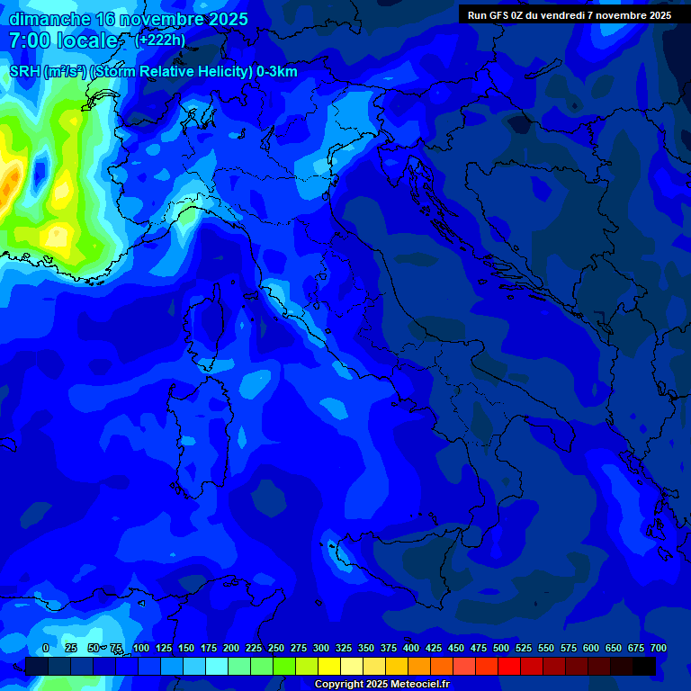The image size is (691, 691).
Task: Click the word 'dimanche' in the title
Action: coord(49,19)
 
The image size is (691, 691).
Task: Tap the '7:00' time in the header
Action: coord(30,40)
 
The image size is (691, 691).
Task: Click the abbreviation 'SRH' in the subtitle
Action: coord(24,72)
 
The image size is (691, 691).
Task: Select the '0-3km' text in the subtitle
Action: coord(277,72)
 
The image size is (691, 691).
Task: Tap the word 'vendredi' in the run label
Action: coord(564,14)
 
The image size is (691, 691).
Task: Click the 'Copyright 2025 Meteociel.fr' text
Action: coord(381,685)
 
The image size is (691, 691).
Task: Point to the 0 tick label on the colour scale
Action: coord(46,648)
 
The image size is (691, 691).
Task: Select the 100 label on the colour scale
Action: coord(141,648)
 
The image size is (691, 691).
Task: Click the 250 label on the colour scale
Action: coord(276,648)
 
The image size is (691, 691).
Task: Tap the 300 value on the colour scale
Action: coord(321,648)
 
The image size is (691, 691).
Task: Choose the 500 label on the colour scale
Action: coord(501,648)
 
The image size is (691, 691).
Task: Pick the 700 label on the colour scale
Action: coord(659,648)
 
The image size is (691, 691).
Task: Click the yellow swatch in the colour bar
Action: coord(329,667)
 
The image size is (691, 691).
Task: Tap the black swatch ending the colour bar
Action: coord(644,667)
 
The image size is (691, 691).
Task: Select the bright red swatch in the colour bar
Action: coord(509,667)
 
